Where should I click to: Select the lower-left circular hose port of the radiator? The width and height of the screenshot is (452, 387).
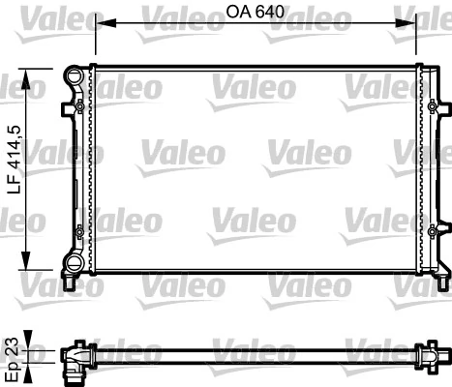click(x=72, y=261)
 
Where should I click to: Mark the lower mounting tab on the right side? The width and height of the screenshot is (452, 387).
click(x=437, y=230)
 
